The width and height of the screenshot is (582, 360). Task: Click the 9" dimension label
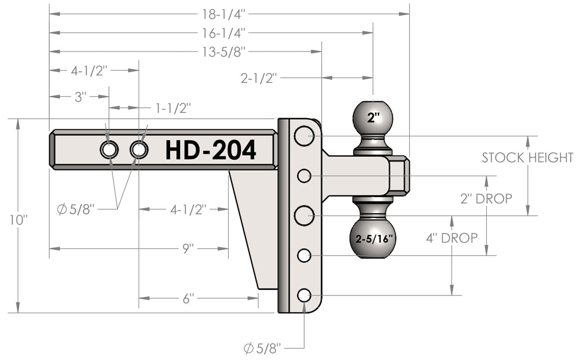189,248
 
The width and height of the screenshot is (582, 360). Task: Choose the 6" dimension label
189,298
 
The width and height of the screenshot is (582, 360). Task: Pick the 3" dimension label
80,96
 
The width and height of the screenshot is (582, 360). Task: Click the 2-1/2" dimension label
258,78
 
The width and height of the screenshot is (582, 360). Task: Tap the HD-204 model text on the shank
211,150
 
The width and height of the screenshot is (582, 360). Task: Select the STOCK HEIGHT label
527,158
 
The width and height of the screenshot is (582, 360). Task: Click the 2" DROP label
486,199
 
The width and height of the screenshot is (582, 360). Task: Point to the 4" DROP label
451,238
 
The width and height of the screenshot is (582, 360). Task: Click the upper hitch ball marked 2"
373,119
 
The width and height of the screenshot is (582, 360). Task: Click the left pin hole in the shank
108,150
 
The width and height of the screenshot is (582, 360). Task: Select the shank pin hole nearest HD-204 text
139,150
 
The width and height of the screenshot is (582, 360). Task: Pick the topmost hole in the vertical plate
304,136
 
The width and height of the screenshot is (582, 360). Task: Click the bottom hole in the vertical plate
304,295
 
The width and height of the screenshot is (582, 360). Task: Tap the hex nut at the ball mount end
399,176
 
